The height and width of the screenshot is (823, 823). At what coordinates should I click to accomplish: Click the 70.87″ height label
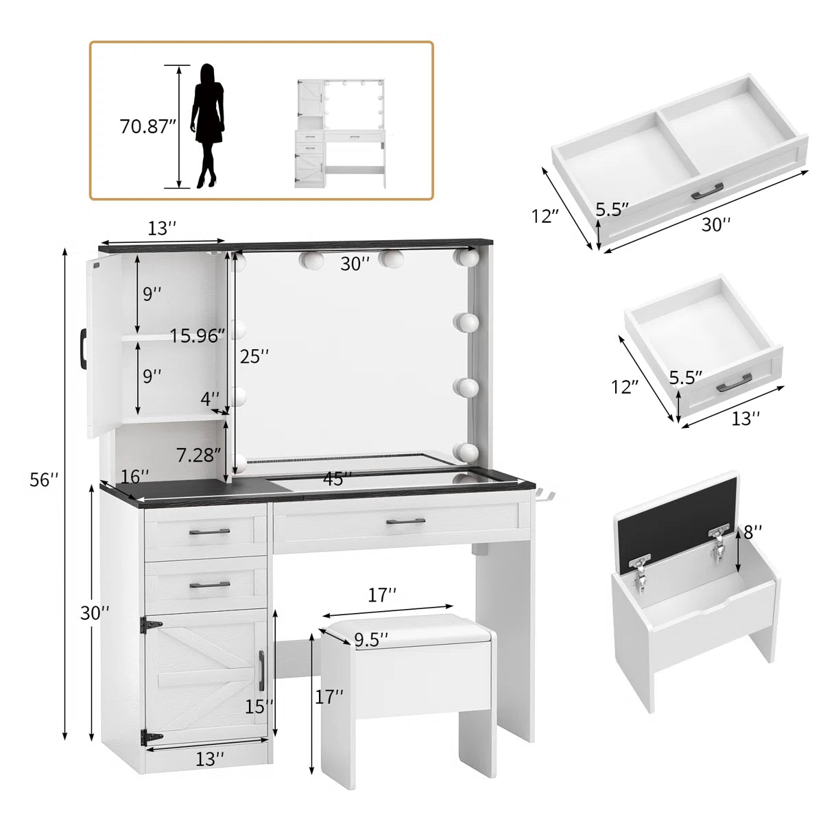(147, 126)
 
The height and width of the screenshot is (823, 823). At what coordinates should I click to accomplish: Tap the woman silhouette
(208, 126)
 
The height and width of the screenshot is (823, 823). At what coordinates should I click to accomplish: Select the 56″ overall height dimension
(44, 479)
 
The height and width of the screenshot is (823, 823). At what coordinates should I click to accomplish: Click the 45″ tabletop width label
(337, 478)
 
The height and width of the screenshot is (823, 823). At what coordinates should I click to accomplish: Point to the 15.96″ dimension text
(198, 335)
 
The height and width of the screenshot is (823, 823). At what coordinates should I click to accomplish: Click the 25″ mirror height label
(254, 356)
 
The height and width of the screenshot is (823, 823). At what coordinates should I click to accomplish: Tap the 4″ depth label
(210, 399)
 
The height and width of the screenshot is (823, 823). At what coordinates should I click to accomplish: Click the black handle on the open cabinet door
(82, 347)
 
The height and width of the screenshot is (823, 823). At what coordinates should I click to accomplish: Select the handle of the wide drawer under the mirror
(405, 521)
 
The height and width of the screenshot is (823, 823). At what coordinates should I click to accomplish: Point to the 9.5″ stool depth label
(371, 640)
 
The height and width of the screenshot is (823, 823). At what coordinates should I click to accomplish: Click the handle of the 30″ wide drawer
(707, 191)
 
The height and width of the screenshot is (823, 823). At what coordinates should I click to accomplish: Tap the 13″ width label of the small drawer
(746, 418)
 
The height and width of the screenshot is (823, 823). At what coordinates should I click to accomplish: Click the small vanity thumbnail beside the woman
(340, 133)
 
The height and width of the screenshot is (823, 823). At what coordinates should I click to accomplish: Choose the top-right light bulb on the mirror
(466, 258)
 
